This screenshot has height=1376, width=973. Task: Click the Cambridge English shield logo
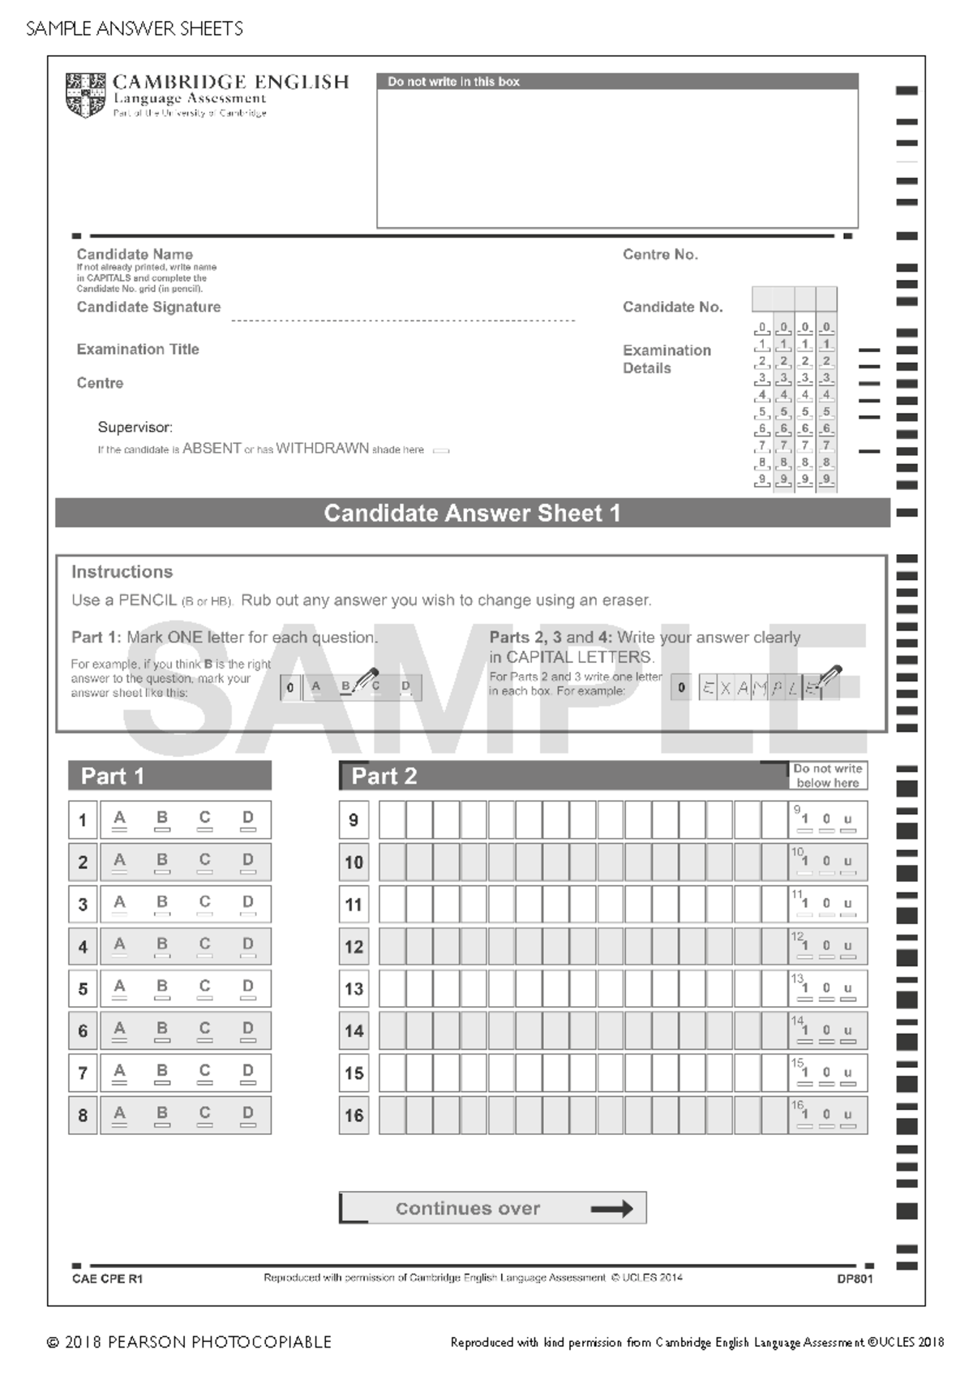tap(85, 95)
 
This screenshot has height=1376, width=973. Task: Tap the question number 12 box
tap(354, 947)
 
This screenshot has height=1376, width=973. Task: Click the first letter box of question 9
tap(392, 820)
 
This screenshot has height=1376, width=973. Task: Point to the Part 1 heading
tap(113, 776)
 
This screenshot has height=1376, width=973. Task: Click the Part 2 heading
tap(384, 776)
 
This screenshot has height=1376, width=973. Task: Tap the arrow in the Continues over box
tap(612, 1209)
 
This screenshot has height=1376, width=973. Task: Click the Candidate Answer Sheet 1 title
tap(472, 514)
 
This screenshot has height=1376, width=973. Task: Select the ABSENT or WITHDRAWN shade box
tap(441, 450)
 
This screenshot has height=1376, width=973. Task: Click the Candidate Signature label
tap(148, 307)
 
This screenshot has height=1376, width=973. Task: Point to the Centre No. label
tap(660, 255)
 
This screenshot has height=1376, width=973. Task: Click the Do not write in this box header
tap(453, 82)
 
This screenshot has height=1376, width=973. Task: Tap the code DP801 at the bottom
tap(855, 1279)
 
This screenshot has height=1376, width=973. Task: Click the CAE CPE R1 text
tap(107, 1279)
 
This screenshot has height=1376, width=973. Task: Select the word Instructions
tap(122, 572)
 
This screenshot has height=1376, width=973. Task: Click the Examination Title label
tap(138, 350)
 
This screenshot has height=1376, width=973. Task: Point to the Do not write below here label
tap(827, 776)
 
